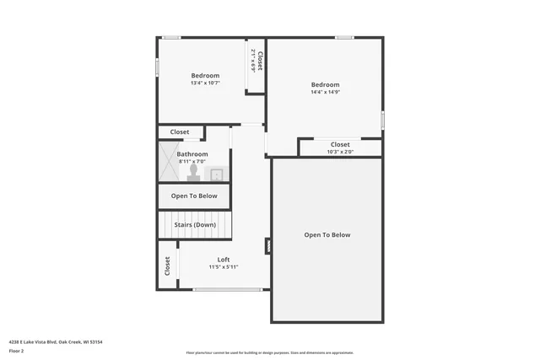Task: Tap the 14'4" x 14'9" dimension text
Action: coord(325,92)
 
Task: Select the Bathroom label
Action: coord(192,154)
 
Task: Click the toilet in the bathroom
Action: coord(194,173)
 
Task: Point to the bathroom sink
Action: coord(216,175)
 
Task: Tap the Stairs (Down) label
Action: coord(195,225)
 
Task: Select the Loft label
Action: coord(224,260)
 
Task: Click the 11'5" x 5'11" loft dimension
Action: coord(224,267)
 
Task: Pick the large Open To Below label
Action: coord(327,235)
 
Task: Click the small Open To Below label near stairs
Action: coord(194,196)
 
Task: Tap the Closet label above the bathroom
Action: coord(180,132)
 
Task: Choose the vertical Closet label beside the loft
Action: coord(167,266)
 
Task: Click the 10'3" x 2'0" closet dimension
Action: coord(340,152)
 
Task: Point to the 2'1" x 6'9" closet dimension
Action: coord(253,61)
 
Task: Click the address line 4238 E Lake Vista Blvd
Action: coord(56,342)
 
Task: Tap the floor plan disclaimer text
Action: coord(270,353)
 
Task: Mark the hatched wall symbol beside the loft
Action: coord(268,246)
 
